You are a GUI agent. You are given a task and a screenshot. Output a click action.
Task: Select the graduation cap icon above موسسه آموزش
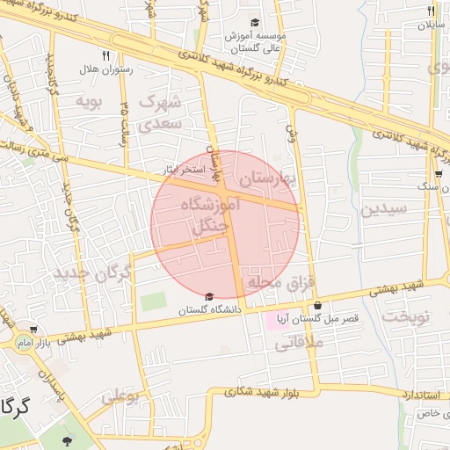(x=255, y=23)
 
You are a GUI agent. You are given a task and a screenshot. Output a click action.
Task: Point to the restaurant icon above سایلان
(x=431, y=11)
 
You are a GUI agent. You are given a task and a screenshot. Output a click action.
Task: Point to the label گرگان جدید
(x=92, y=273)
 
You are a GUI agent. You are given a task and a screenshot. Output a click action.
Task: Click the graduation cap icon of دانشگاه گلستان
(x=208, y=297)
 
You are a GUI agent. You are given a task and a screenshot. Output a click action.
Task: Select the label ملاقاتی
(x=300, y=344)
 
